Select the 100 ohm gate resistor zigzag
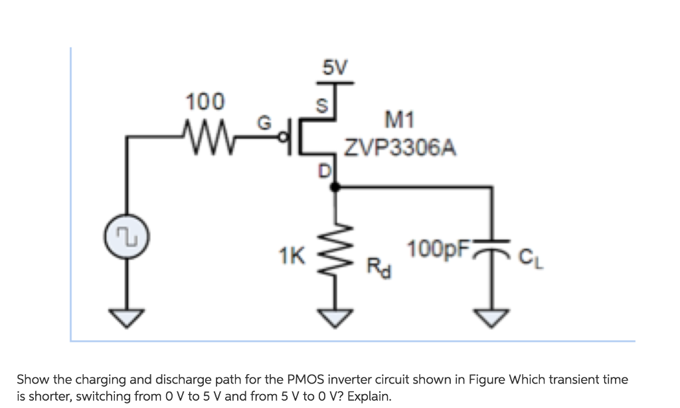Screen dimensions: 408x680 (205, 128)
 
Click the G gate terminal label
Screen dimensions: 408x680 (263, 123)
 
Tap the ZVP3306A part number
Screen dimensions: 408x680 (400, 148)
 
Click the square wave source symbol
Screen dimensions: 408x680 (125, 238)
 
